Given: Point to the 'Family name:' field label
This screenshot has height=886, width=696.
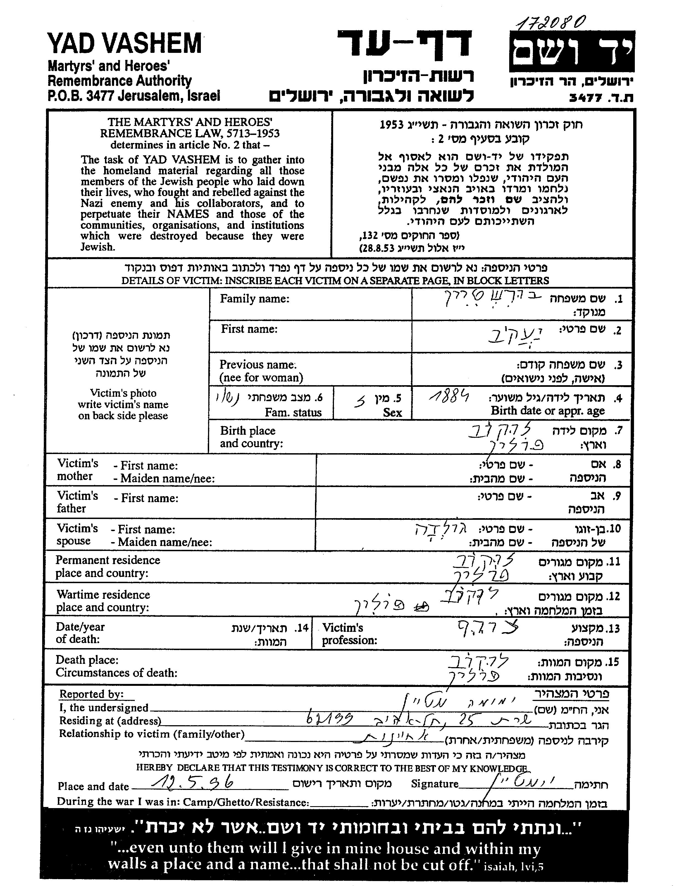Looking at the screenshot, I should coord(255,299).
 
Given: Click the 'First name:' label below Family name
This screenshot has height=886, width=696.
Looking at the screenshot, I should coord(249,329).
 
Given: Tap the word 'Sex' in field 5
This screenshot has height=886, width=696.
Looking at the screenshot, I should coord(392,412).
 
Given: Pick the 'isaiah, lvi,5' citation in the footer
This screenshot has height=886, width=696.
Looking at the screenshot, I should coord(513,866).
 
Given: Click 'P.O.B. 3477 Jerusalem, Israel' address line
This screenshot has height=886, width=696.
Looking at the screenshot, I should coord(134,96).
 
